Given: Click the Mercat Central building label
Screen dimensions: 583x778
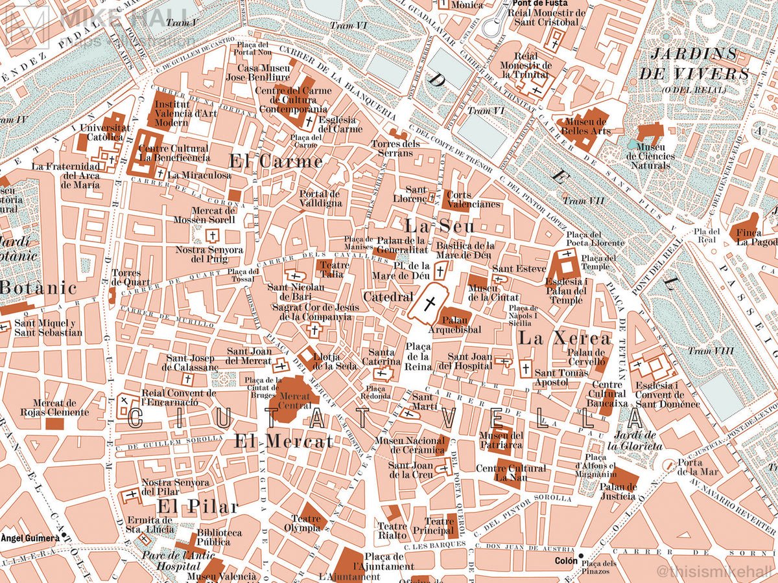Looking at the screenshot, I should pos(294,401).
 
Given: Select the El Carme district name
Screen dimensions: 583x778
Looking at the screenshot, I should pos(276,161).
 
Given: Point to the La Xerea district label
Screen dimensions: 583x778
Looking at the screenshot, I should pos(564,338).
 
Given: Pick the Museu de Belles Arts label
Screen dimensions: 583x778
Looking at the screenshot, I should pos(587,126).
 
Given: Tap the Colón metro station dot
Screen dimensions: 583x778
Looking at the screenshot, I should pos(581,556).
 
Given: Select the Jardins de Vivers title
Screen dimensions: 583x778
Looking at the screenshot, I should pos(694,63).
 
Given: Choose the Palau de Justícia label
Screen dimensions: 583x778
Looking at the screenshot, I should pos(618,491).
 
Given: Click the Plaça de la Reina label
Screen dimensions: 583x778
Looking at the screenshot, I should pos(418,357).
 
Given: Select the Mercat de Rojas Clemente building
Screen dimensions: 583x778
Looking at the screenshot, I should pos(55,424).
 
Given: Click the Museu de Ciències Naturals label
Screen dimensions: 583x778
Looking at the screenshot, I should pos(650,156).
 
